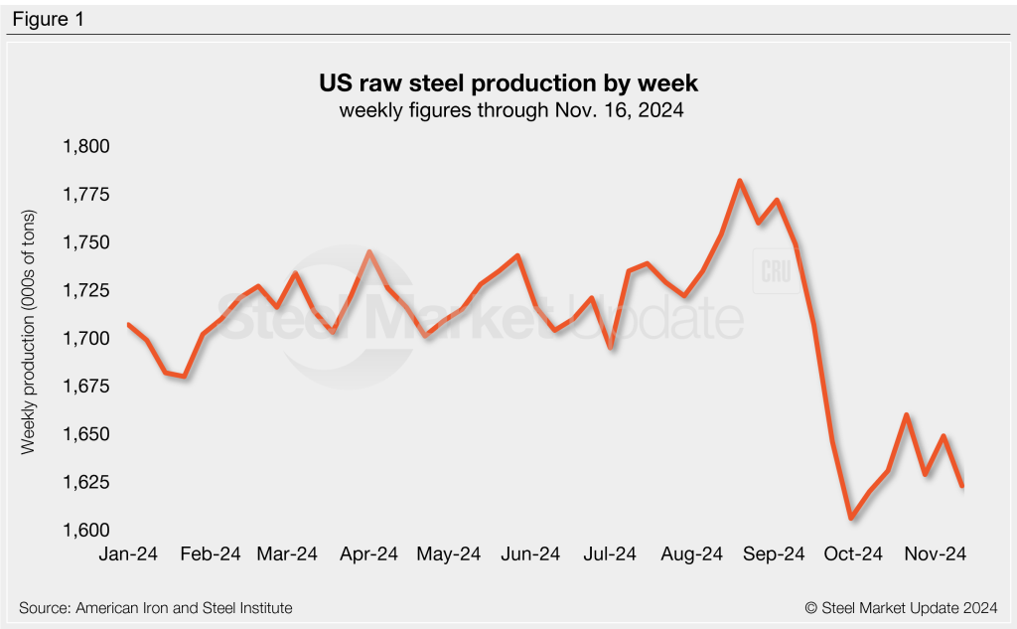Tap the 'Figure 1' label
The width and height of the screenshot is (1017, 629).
pos(48,19)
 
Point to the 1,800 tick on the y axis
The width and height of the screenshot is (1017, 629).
pos(85,147)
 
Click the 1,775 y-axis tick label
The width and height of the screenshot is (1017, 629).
pos(85,195)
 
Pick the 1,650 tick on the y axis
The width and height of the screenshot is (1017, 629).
pos(85,435)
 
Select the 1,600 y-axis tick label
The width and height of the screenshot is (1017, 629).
pos(85,531)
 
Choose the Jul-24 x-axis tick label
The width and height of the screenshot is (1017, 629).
pos(610,553)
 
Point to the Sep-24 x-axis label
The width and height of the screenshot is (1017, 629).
pos(774,553)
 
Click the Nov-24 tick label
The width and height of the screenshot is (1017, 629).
pos(936,553)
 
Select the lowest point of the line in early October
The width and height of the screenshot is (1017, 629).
pos(851,518)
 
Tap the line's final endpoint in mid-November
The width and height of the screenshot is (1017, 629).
pos(962,486)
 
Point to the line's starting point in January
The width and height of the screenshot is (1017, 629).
pos(129,325)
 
